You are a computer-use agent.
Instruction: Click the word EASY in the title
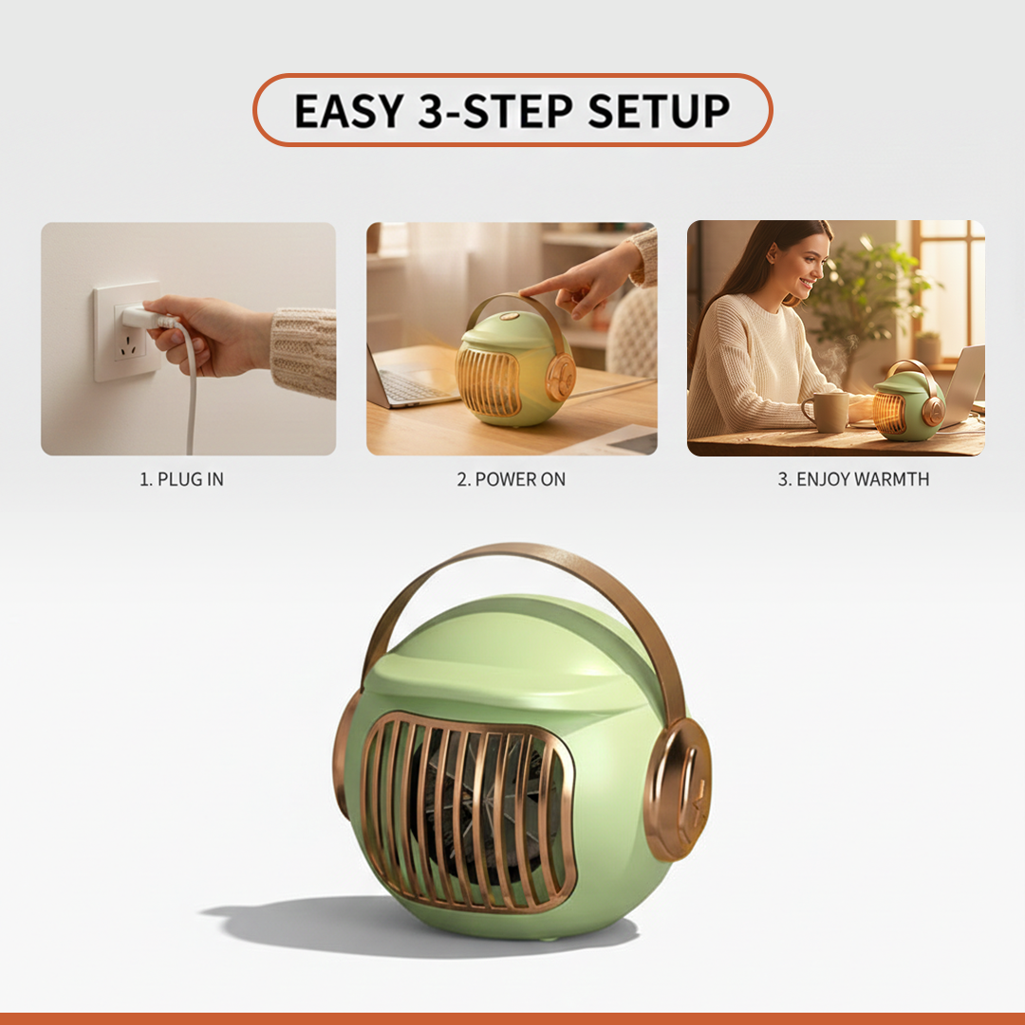pyautogui.click(x=348, y=111)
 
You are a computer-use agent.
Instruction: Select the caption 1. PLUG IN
pyautogui.click(x=182, y=479)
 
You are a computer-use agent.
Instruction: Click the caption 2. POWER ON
pyautogui.click(x=511, y=479)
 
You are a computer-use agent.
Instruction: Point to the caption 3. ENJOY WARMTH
pyautogui.click(x=853, y=479)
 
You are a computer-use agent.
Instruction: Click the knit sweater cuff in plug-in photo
pyautogui.click(x=303, y=351)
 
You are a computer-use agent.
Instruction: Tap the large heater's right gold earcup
pyautogui.click(x=678, y=788)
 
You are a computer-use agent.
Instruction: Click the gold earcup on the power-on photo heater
pyautogui.click(x=559, y=377)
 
